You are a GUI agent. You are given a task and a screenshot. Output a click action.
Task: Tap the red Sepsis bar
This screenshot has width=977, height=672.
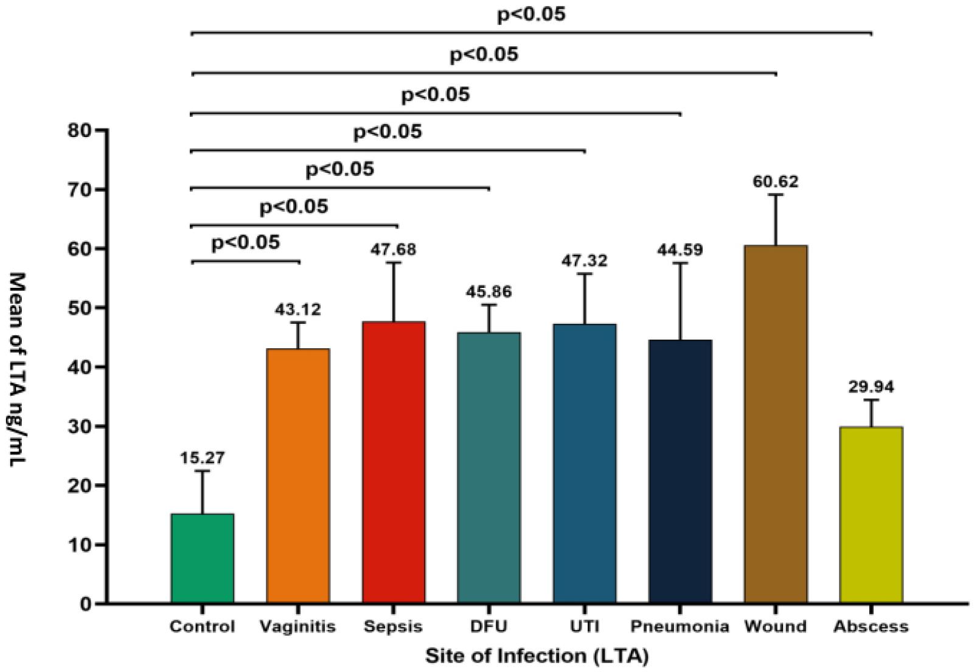pyautogui.click(x=394, y=462)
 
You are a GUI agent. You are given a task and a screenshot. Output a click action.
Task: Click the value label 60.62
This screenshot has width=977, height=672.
pyautogui.click(x=776, y=181)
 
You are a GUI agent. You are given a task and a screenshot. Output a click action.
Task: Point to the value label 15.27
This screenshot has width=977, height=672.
pyautogui.click(x=202, y=458)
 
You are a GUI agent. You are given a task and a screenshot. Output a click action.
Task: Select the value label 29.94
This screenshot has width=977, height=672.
pyautogui.click(x=871, y=387)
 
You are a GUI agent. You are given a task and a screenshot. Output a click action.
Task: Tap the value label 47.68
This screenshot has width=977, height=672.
pyautogui.click(x=394, y=250)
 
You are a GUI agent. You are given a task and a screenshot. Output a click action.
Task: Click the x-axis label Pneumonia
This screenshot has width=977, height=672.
pyautogui.click(x=680, y=626)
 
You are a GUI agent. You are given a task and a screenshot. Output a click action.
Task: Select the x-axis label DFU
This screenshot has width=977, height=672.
pyautogui.click(x=489, y=626)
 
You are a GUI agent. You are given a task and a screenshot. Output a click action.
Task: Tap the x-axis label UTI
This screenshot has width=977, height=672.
pyautogui.click(x=584, y=626)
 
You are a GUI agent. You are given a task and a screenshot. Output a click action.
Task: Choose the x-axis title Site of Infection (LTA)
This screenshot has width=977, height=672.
pyautogui.click(x=536, y=657)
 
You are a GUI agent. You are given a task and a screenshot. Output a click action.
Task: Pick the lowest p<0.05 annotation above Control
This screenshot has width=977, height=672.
pyautogui.click(x=246, y=243)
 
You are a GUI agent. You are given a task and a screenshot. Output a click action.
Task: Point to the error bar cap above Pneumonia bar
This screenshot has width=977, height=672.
pyautogui.click(x=680, y=263)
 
